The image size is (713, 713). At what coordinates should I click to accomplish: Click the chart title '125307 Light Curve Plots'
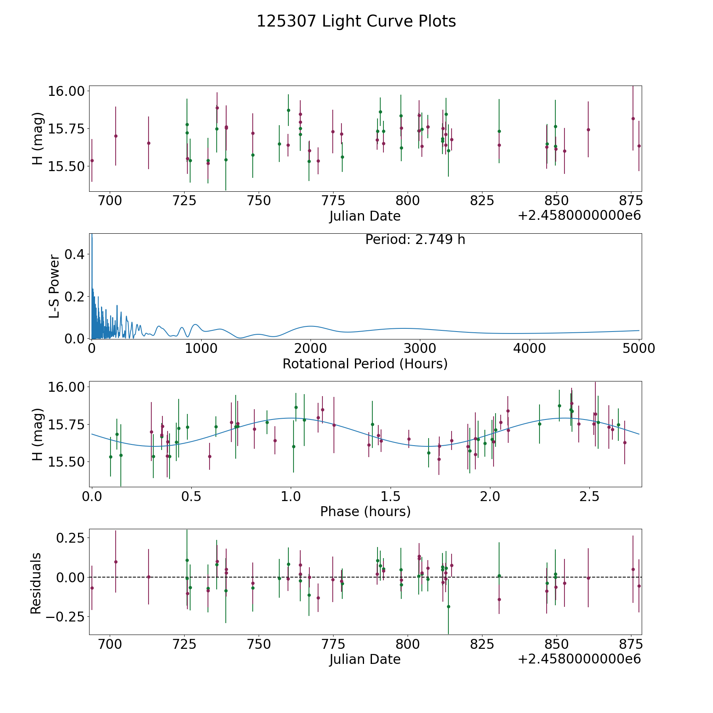[356, 21]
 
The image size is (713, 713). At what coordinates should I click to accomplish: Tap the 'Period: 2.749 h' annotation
[415, 240]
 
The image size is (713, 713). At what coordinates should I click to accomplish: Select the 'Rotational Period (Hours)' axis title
[365, 364]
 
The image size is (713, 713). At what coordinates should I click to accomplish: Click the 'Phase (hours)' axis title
[365, 511]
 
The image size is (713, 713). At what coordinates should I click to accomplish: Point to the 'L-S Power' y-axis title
[54, 286]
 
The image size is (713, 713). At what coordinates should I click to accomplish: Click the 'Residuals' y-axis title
[36, 583]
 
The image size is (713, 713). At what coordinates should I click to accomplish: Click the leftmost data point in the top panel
[92, 160]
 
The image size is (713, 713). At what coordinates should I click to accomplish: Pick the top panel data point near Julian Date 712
[149, 143]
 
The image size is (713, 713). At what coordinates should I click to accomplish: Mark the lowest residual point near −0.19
[448, 606]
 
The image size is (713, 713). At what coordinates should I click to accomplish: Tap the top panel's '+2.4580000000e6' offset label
[579, 216]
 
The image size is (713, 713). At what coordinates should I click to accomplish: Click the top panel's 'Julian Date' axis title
[365, 216]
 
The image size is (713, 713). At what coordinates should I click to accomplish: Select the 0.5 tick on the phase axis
[191, 496]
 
